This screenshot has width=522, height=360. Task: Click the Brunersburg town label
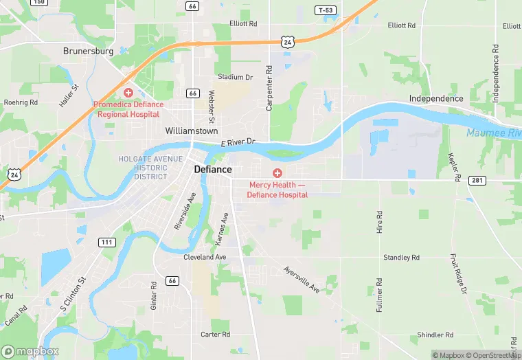coord(87,51)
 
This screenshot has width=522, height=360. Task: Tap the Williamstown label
coord(192,131)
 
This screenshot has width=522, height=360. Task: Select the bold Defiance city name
coord(213,169)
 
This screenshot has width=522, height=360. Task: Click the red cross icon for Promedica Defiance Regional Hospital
coord(127,92)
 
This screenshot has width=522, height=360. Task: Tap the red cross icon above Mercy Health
coord(277,173)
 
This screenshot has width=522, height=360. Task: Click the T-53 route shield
coord(326,10)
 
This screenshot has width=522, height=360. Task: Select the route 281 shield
coord(478,180)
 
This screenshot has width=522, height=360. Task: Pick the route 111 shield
coord(106,243)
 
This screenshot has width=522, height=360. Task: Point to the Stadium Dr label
coord(235,77)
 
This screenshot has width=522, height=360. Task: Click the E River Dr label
coord(238,142)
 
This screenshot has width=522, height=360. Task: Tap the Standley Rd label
coord(401,258)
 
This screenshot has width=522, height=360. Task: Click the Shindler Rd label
coord(435,335)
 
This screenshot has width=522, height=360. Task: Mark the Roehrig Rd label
coord(21,102)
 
